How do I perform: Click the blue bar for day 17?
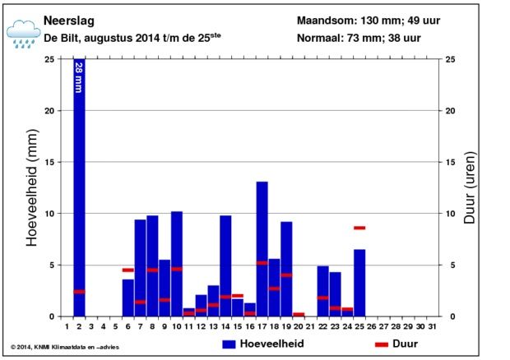[262, 249]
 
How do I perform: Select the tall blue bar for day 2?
[79, 187]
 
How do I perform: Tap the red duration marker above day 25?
[359, 228]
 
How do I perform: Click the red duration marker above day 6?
[128, 270]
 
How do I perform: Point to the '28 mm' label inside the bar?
[79, 77]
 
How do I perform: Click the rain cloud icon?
[23, 34]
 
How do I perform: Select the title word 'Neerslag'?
[69, 21]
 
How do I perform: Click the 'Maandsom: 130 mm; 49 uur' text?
[369, 21]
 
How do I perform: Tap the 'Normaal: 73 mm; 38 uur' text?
[359, 38]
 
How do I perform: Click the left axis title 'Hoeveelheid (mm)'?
[32, 187]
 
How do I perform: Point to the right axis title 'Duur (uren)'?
[470, 187]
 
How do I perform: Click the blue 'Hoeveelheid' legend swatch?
[229, 344]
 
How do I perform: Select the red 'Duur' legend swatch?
[382, 344]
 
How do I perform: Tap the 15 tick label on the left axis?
[49, 162]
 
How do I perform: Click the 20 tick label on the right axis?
[451, 111]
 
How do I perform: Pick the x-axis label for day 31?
[432, 326]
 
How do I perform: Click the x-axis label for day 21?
[311, 326]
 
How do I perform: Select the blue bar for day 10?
[177, 264]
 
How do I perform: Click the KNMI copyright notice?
[65, 347]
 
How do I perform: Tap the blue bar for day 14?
[225, 265]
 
